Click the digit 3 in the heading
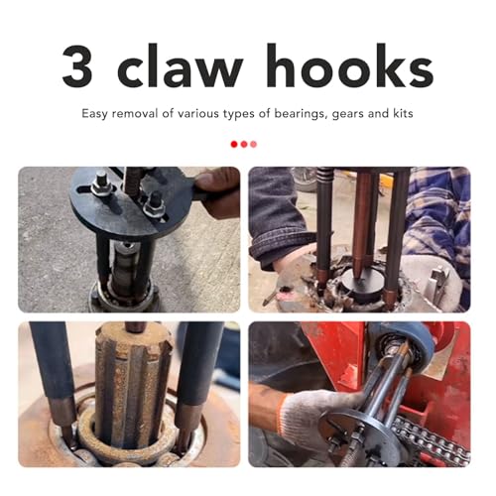point(77,65)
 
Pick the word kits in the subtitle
point(403,113)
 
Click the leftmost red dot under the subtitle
point(234,144)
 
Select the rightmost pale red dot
point(254,144)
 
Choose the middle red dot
point(244,144)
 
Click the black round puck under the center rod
point(360,285)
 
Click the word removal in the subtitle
point(136,113)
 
